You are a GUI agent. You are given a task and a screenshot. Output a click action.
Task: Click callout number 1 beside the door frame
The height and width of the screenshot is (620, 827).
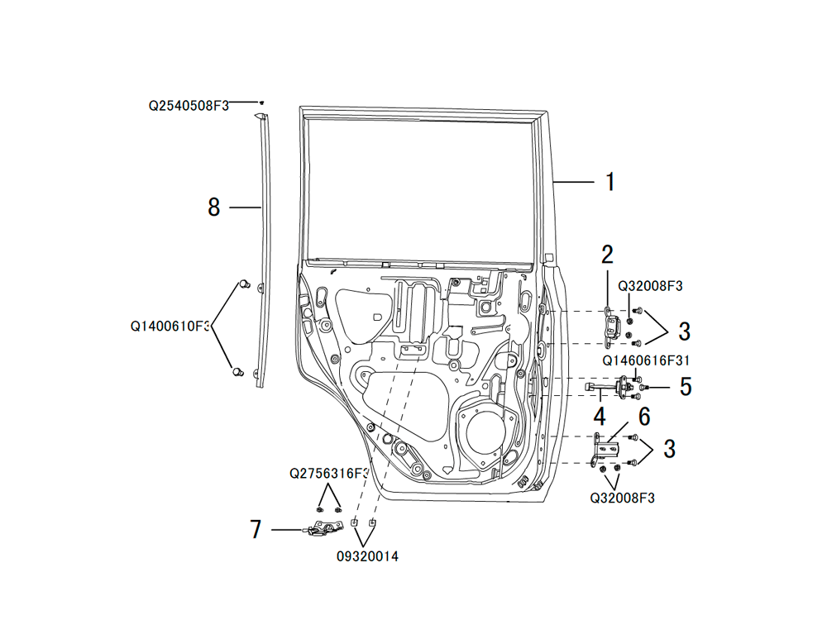[610, 182]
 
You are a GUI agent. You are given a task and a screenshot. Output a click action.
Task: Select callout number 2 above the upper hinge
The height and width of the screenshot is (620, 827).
[607, 255]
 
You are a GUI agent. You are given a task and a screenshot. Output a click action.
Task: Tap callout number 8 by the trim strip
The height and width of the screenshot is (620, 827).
[213, 207]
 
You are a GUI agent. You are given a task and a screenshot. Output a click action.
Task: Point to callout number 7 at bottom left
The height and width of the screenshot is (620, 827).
[256, 529]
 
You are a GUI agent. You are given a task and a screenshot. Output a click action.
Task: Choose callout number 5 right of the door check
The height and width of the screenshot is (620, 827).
[685, 387]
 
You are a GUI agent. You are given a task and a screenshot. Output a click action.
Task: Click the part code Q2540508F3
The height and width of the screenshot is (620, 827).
[189, 106]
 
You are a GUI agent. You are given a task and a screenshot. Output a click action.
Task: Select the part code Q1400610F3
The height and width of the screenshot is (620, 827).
[170, 327]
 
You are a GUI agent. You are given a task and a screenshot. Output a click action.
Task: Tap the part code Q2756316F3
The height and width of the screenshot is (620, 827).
[329, 474]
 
